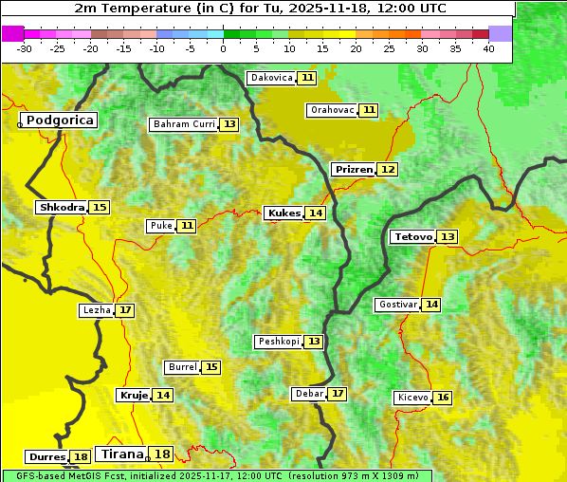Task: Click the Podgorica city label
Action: point(60,120)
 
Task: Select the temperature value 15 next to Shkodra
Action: point(100,207)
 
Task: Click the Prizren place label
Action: point(354,169)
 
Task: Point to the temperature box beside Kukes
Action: point(316,213)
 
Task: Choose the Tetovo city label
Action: point(412,236)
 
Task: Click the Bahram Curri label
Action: point(184,124)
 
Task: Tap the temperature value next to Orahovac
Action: point(369,110)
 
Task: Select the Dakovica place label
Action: point(270,78)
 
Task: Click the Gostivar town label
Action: point(397,305)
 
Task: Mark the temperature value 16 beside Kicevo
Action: point(443,398)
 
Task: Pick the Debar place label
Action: point(309,394)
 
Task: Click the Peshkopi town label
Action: point(278,342)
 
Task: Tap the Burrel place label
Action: point(181,367)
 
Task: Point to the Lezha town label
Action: point(96,310)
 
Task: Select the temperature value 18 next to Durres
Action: point(82,457)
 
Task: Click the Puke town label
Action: point(160,226)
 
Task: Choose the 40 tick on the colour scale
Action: point(488,48)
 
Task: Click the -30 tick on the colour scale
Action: point(25,48)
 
